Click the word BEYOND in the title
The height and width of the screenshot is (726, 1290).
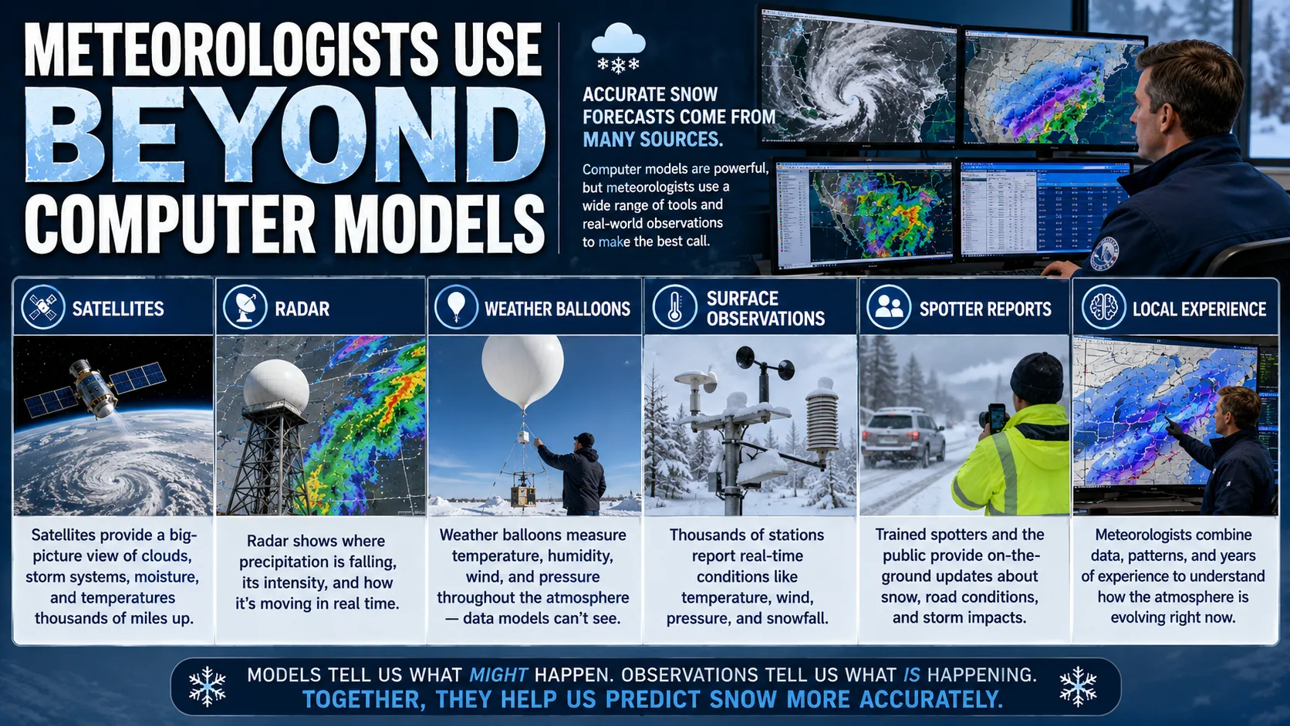(285, 136)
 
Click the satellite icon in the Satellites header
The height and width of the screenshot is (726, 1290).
(42, 307)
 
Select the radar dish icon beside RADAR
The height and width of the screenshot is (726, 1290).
(245, 307)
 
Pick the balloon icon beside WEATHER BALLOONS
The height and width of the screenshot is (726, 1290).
(456, 307)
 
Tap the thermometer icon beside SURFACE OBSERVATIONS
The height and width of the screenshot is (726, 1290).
(674, 307)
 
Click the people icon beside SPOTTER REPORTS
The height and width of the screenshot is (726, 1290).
(889, 307)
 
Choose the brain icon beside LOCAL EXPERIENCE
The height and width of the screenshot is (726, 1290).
(1103, 307)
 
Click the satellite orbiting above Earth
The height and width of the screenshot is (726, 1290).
(96, 388)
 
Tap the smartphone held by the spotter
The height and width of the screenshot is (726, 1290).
(997, 417)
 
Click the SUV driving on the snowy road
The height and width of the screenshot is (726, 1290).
(903, 437)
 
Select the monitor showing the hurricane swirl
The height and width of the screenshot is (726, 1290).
(858, 78)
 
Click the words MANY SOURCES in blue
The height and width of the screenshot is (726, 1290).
(652, 140)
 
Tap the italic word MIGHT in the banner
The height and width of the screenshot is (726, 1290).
(498, 675)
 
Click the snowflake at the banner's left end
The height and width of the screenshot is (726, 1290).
(208, 687)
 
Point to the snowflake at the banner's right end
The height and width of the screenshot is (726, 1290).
(1078, 687)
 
